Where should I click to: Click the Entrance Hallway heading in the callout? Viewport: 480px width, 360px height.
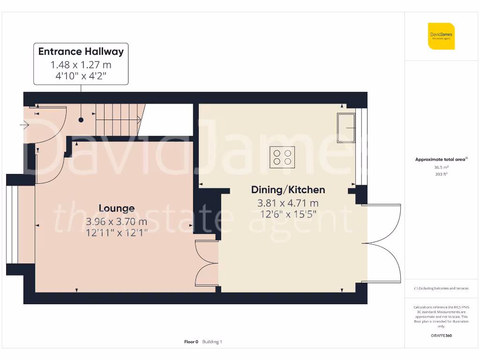81,52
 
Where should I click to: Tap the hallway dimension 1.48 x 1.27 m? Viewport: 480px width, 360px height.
81,65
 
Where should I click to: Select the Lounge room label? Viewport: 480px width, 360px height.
116,208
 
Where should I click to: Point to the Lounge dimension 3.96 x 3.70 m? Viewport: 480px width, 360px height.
116,221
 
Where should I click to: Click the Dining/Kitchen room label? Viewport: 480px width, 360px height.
288,190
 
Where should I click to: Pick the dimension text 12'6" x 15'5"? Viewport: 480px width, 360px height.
288,214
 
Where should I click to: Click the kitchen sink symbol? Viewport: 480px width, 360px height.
346,127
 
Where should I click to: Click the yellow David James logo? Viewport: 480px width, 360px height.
441,36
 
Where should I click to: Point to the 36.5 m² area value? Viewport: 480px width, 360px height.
441,167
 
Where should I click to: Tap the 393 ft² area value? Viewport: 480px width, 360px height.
441,174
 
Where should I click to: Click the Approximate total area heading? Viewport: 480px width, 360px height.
441,159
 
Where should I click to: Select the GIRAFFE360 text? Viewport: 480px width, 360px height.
441,336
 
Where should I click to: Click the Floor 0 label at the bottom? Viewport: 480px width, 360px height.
191,342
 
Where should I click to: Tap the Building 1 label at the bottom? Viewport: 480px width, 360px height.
212,342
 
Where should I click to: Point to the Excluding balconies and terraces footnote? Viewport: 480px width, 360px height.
441,288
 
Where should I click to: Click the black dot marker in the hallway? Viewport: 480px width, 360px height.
81,120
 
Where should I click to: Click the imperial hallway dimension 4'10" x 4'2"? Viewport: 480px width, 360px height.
81,76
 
